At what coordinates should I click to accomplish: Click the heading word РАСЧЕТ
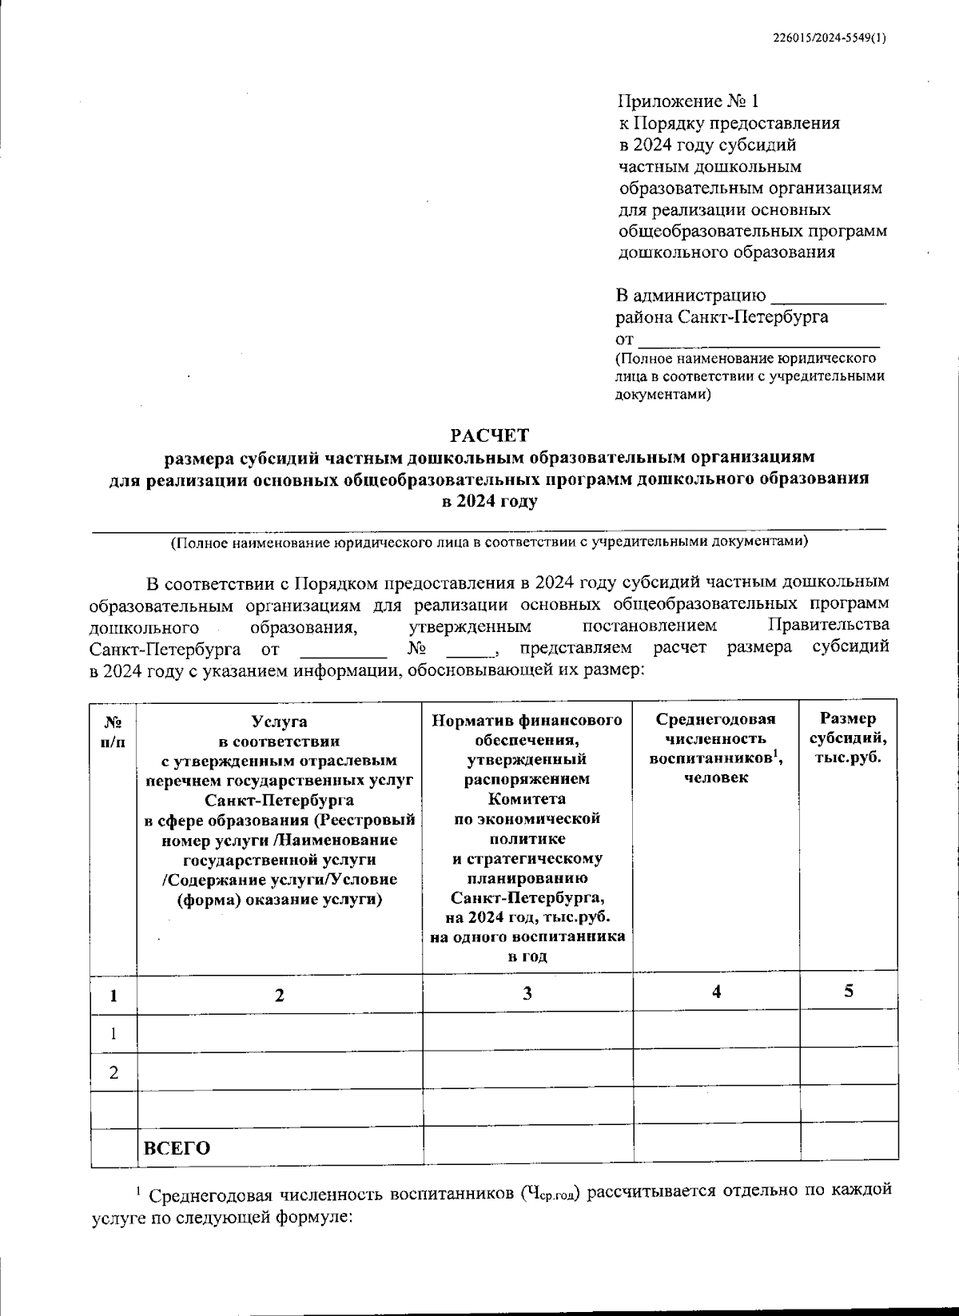[489, 435]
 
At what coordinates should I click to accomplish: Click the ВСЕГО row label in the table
[177, 1148]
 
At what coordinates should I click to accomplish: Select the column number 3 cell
[527, 993]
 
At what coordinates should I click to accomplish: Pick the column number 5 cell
[849, 991]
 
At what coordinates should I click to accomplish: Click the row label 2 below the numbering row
[114, 1072]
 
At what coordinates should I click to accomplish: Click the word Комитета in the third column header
[527, 798]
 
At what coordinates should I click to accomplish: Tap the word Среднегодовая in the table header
[716, 719]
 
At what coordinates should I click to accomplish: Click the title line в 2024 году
[489, 501]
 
